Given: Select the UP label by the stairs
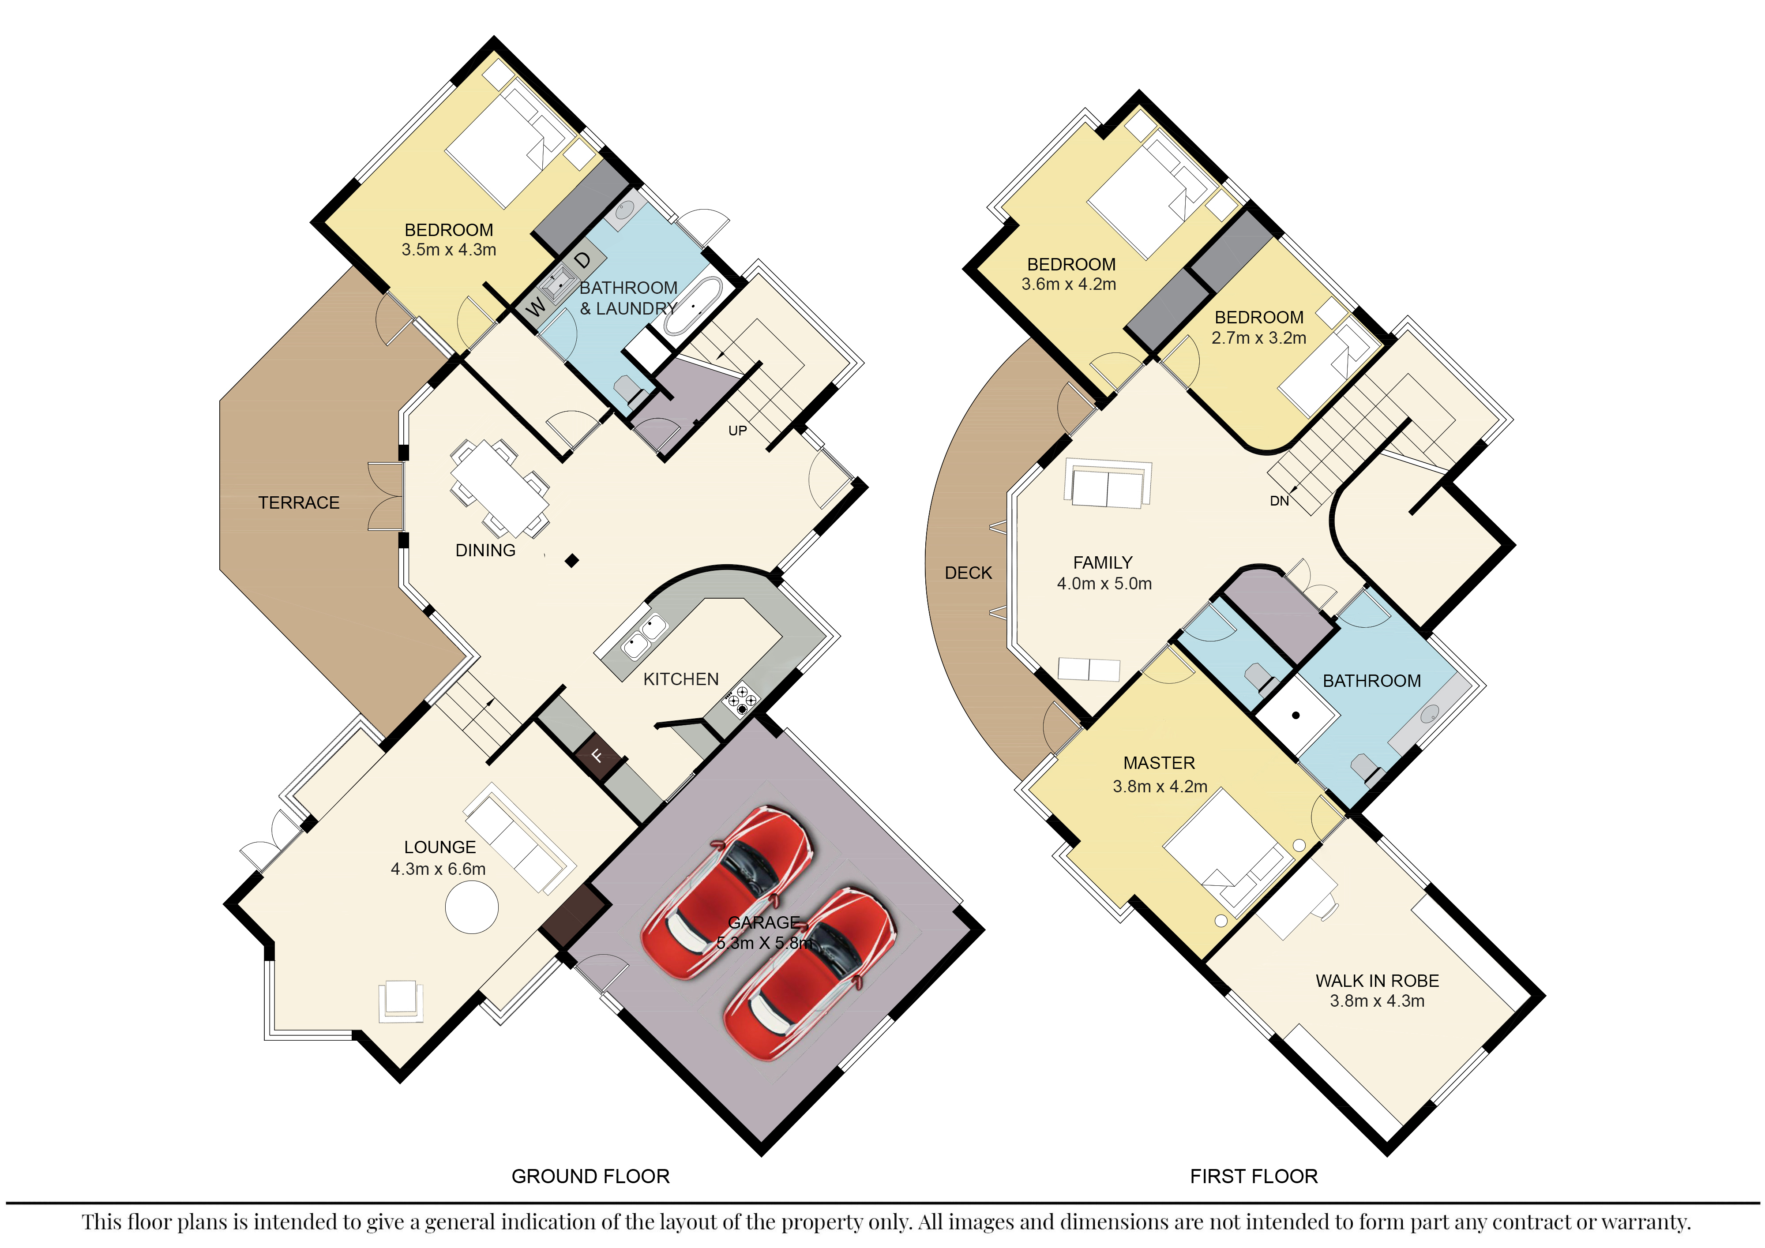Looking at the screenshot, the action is pos(737,431).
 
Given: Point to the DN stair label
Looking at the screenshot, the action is pos(1279,501).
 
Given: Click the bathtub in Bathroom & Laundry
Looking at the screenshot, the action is pos(693,306).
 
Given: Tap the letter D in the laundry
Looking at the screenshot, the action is pos(583,260).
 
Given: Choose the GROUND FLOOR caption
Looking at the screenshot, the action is pos(590,1177).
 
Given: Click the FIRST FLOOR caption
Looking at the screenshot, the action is pos(1254,1177).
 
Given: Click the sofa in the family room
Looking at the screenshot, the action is pos(1108,484).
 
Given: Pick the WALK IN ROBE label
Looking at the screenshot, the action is pos(1378,982).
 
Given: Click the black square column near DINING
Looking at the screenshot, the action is pos(571,561).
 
